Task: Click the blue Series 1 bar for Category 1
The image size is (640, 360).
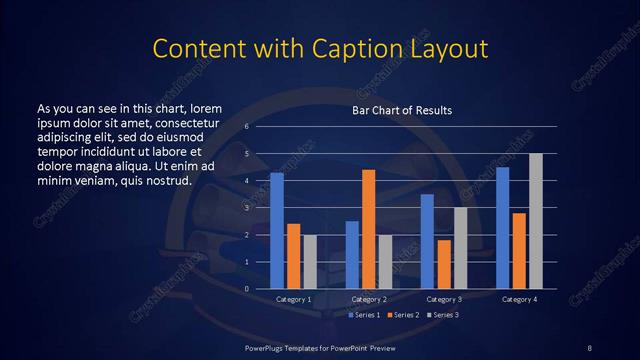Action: (x=277, y=231)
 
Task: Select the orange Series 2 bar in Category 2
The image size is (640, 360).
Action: (x=368, y=229)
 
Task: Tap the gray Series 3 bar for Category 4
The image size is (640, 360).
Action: (x=536, y=221)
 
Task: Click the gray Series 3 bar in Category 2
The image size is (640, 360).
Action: (x=385, y=262)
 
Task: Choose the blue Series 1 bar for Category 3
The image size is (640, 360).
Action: (x=427, y=241)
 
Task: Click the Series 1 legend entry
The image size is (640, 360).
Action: (x=364, y=315)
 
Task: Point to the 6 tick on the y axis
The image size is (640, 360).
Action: (x=246, y=127)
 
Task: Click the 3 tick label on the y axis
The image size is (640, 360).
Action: (x=246, y=208)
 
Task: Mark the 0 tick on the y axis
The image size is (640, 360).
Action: (x=246, y=289)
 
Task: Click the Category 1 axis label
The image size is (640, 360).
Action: (x=293, y=299)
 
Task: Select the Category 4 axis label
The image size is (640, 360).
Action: (x=519, y=299)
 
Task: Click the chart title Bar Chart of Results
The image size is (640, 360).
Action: (x=402, y=109)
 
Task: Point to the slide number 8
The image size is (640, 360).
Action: (x=589, y=346)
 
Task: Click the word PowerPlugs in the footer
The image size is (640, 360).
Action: (x=266, y=346)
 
